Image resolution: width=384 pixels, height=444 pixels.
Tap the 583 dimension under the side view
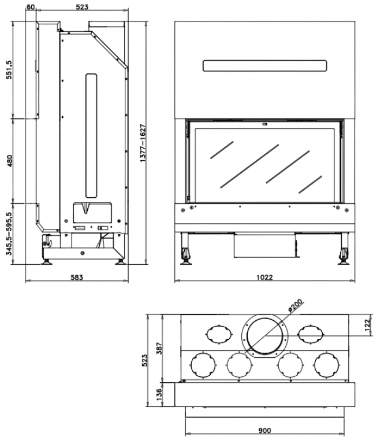click(77, 277)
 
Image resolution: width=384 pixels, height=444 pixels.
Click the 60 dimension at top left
click(31, 7)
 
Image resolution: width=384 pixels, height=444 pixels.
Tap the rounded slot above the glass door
click(265, 65)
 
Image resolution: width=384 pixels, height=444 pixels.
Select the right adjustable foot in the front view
click(344, 253)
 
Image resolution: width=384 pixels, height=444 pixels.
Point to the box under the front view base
click(264, 246)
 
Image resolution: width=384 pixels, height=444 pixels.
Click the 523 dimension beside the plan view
click(146, 360)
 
